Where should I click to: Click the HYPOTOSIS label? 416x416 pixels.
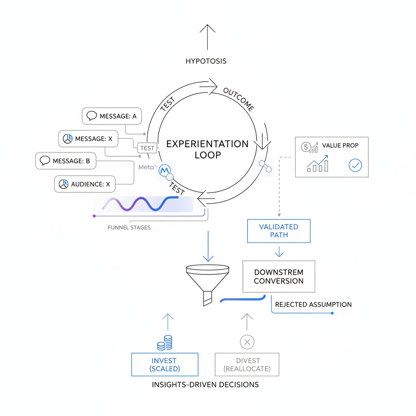point(206,61)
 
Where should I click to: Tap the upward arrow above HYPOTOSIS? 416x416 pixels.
point(208,37)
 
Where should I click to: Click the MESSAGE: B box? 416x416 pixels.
point(65,161)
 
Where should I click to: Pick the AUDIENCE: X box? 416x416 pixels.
point(84,184)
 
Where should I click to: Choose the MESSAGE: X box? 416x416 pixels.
point(88,139)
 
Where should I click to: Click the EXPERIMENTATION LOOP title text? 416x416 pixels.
point(208,149)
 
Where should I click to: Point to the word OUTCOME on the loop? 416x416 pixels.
point(239,99)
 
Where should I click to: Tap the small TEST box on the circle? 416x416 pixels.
point(147,148)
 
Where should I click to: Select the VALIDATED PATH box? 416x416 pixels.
point(279,231)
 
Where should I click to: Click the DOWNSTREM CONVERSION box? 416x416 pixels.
point(279,276)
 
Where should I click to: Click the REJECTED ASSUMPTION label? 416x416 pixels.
point(313,304)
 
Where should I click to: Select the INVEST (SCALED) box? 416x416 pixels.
point(164,364)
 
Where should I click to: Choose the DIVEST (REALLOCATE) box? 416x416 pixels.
point(247,364)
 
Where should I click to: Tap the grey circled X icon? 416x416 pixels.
point(247,342)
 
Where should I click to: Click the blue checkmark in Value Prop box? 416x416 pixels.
point(355,166)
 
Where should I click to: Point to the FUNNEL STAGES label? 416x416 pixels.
point(129,227)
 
